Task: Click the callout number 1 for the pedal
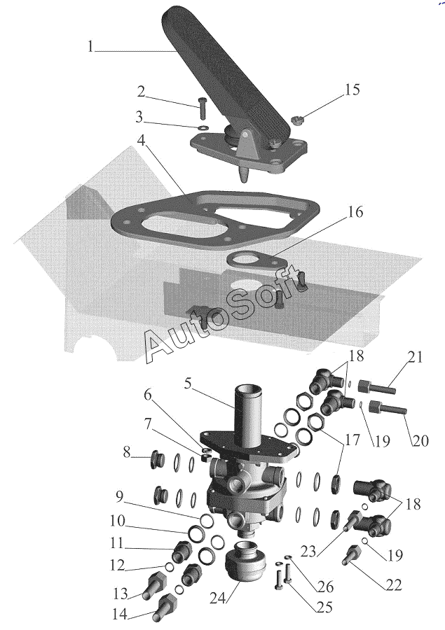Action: pyautogui.click(x=90, y=46)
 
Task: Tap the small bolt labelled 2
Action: pyautogui.click(x=202, y=108)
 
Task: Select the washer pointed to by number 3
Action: pyautogui.click(x=203, y=128)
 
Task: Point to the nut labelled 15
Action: pyautogui.click(x=296, y=118)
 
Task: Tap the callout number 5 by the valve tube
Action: pyautogui.click(x=188, y=384)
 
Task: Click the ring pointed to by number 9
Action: pyautogui.click(x=207, y=521)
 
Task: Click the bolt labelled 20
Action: pyautogui.click(x=388, y=407)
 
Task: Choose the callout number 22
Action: pyautogui.click(x=393, y=585)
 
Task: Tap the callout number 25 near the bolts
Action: pyautogui.click(x=324, y=607)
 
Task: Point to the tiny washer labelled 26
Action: pyautogui.click(x=289, y=557)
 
